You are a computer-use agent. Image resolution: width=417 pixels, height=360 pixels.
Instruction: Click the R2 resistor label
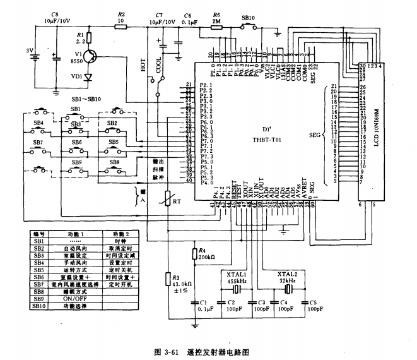[x=122, y=13]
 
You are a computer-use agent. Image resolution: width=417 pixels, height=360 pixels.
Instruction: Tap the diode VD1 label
[x=76, y=76]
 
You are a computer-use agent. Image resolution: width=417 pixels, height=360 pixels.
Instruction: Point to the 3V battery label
[x=28, y=50]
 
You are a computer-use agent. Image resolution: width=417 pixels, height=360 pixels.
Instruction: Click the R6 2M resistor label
[x=216, y=13]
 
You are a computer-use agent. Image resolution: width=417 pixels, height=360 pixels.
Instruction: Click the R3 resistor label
[x=176, y=277]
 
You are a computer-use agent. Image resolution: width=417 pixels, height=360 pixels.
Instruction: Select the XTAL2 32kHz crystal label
[x=288, y=277]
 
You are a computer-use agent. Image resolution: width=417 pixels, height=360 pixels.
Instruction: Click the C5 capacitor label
[x=313, y=303]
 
